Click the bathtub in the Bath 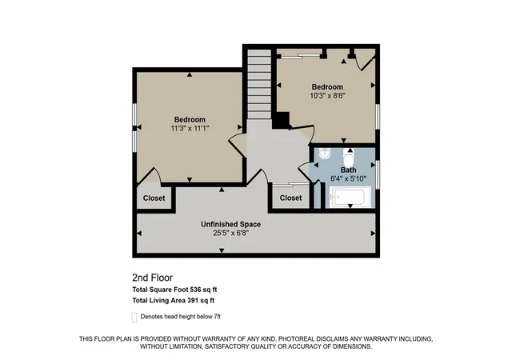(350, 197)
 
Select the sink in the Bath (325, 154)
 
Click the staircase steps (259, 84)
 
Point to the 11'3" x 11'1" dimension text (190, 128)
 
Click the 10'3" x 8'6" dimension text (327, 96)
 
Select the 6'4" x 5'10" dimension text (349, 178)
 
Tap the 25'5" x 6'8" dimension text (231, 233)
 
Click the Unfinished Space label (231, 225)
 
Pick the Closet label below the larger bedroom (154, 198)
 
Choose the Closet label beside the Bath (290, 198)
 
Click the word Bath (349, 170)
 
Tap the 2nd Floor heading (153, 278)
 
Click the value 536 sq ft (203, 290)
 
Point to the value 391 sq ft (201, 300)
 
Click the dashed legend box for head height (134, 318)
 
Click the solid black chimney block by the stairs (281, 120)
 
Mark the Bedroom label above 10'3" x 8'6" (327, 87)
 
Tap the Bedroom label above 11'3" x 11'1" (190, 119)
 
